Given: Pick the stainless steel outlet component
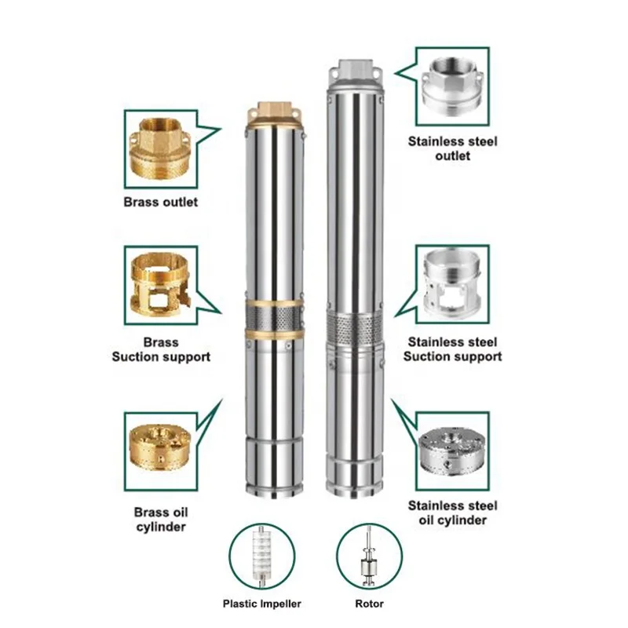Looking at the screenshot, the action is (453, 85).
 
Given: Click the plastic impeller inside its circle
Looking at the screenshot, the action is (261, 556).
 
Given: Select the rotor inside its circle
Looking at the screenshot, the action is (369, 556).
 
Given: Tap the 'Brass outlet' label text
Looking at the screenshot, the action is (161, 202).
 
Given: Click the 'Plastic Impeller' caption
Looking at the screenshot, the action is (262, 604).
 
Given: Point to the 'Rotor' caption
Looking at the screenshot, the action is (369, 604).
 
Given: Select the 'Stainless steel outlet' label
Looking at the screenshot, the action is (453, 148).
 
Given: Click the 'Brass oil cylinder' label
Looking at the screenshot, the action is (161, 520).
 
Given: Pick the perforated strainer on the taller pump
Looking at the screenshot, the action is (356, 328).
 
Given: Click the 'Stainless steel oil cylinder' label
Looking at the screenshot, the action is (453, 513).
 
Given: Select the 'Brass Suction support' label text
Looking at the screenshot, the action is (161, 349).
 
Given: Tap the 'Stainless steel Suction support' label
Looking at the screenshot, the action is (453, 349).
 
